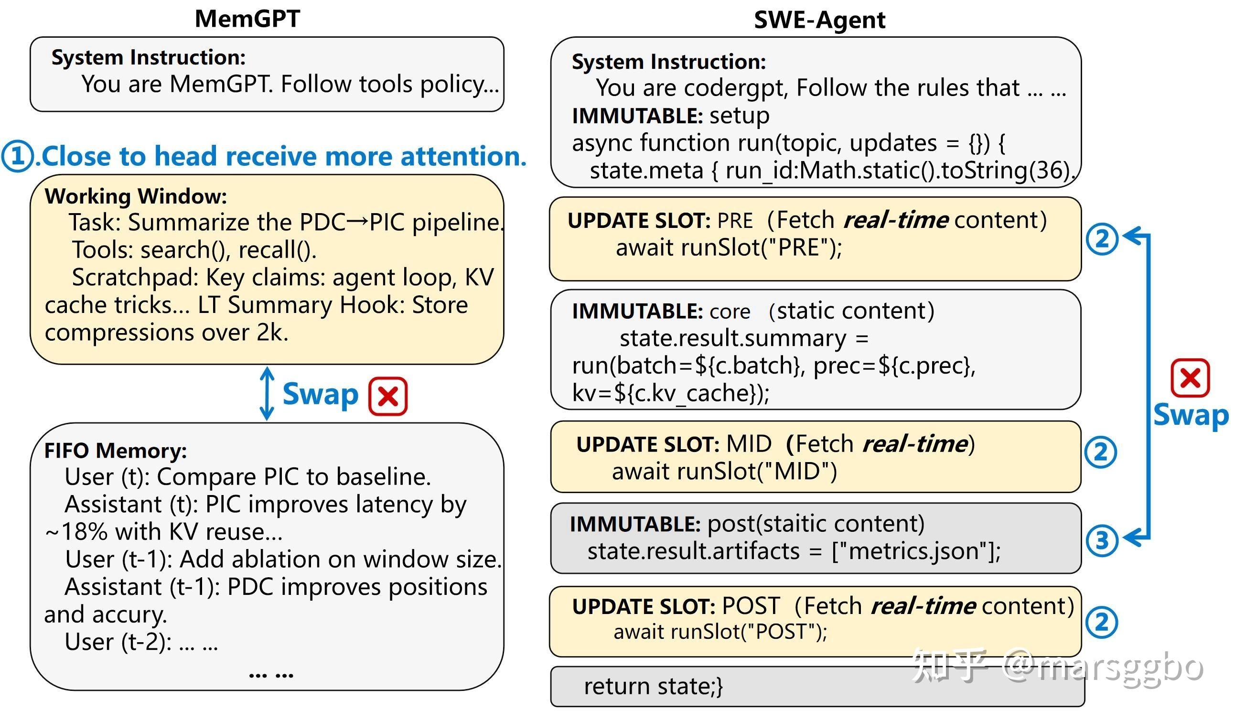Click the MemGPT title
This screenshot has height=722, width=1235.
point(247,19)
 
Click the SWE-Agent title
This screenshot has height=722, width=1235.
point(819,20)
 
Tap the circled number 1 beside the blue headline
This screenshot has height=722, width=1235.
point(18,156)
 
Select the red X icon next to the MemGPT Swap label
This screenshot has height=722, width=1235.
point(387,396)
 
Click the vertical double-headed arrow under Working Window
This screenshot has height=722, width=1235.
point(267,393)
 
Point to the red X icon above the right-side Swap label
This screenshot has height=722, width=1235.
point(1190,378)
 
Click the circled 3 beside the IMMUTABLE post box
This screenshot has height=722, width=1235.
point(1102,540)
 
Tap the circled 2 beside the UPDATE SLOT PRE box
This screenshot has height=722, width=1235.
point(1102,239)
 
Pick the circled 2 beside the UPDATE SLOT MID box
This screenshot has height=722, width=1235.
point(1101,452)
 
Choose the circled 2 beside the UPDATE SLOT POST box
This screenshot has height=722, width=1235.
point(1102,622)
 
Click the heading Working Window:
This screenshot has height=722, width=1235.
point(136,196)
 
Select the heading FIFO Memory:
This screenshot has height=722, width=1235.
point(116,451)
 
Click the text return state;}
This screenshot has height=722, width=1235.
point(653,686)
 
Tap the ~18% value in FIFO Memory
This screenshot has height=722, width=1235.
point(76,532)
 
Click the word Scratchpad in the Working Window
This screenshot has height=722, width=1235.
point(135,278)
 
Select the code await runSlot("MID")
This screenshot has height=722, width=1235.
point(724,472)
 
